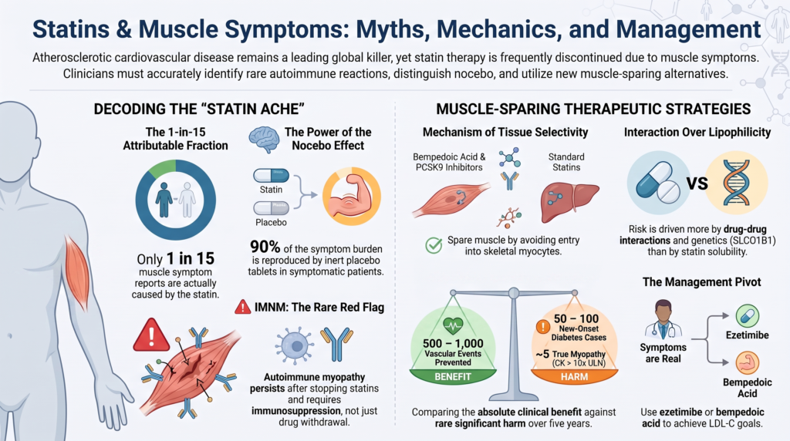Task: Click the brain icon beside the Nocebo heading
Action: click(x=264, y=139)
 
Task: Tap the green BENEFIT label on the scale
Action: click(x=452, y=376)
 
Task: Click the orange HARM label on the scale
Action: click(x=574, y=376)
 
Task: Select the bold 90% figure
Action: click(x=265, y=247)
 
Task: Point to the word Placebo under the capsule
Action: click(x=271, y=223)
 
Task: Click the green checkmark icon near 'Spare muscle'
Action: click(x=434, y=245)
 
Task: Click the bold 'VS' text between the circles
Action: click(x=697, y=183)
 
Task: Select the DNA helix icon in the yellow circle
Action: click(x=737, y=183)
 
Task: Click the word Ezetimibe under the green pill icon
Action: click(x=747, y=335)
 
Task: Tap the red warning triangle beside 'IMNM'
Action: click(x=243, y=307)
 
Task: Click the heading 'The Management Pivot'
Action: click(x=701, y=282)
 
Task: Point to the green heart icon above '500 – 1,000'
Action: click(x=452, y=326)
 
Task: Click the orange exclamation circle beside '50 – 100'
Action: click(x=542, y=327)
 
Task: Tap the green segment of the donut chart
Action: click(x=162, y=169)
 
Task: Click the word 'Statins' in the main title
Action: click(x=71, y=29)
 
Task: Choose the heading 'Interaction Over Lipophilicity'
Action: click(x=697, y=133)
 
